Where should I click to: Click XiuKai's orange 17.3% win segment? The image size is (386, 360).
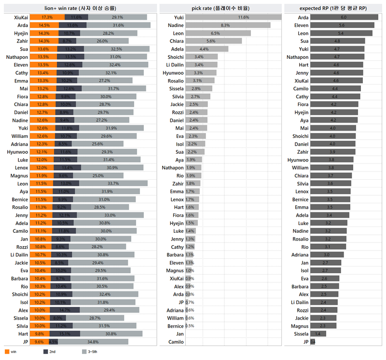pos(47,17)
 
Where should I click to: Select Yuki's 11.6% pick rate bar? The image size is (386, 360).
pos(233,17)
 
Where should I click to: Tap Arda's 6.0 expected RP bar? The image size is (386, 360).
pos(344,17)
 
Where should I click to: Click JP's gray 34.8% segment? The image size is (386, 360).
pos(90,342)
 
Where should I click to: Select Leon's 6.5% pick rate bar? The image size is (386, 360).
pos(218,33)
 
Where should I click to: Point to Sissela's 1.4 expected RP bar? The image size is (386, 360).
pos(318,333)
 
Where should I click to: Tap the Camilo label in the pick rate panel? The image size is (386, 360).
pos(176,342)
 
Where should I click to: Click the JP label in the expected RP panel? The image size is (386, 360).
pos(305,342)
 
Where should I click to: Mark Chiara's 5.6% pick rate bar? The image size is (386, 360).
pos(213,41)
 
